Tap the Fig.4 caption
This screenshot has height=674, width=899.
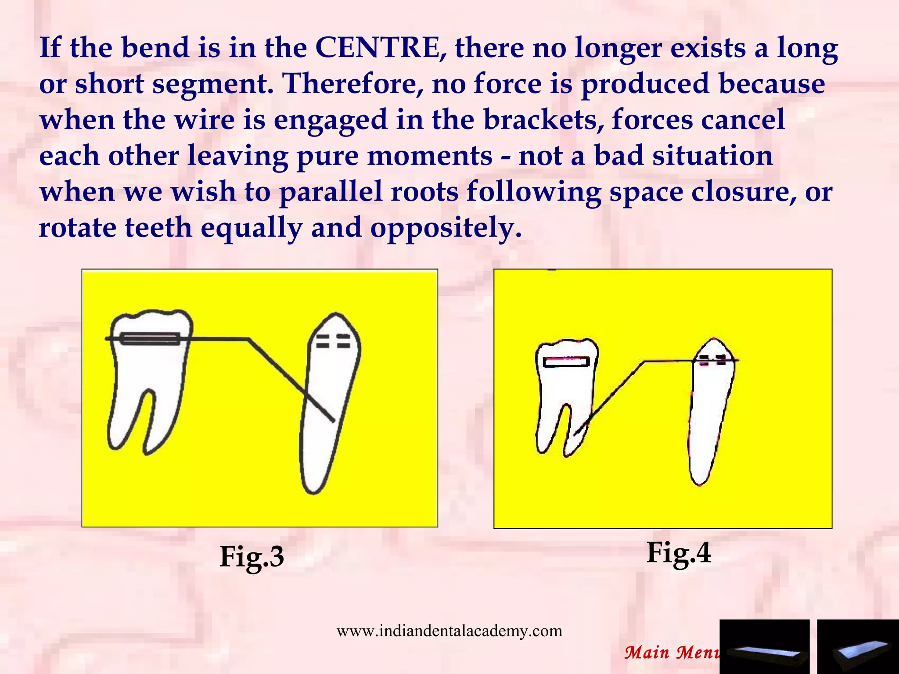coord(678,553)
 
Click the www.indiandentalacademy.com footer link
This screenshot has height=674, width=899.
coord(449,631)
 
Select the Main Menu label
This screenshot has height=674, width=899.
coord(672,652)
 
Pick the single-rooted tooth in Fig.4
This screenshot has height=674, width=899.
coord(709,417)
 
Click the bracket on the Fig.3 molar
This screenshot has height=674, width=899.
coord(150,339)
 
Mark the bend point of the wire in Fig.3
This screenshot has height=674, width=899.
coord(249,339)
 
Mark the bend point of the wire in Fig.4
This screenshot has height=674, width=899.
coord(644,362)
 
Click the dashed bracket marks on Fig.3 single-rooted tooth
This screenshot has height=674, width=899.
coord(334,341)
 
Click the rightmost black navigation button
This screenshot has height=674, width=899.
coord(858,647)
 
